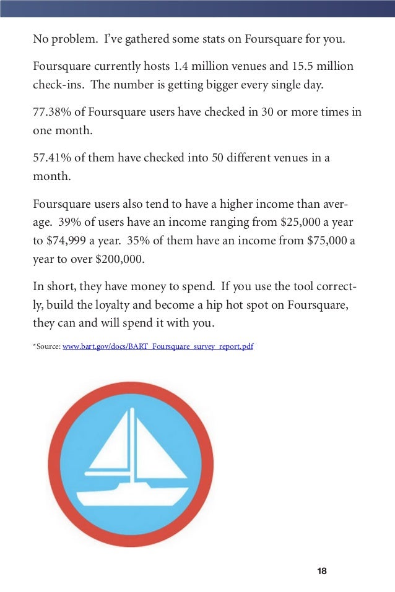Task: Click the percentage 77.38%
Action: click(51, 112)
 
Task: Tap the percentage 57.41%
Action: click(51, 158)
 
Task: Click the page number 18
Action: click(321, 571)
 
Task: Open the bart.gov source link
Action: click(158, 346)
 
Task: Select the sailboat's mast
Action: click(132, 445)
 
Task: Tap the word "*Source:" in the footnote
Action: click(46, 346)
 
